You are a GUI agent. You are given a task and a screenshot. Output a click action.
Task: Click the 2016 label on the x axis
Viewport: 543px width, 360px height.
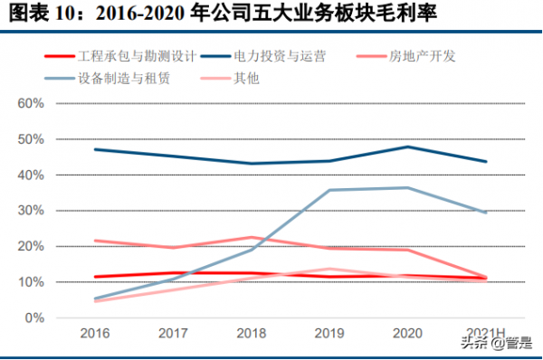(95, 334)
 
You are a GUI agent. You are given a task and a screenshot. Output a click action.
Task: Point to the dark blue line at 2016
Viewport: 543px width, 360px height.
(95, 149)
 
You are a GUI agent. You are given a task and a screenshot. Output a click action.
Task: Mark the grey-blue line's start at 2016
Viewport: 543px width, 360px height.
(95, 298)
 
